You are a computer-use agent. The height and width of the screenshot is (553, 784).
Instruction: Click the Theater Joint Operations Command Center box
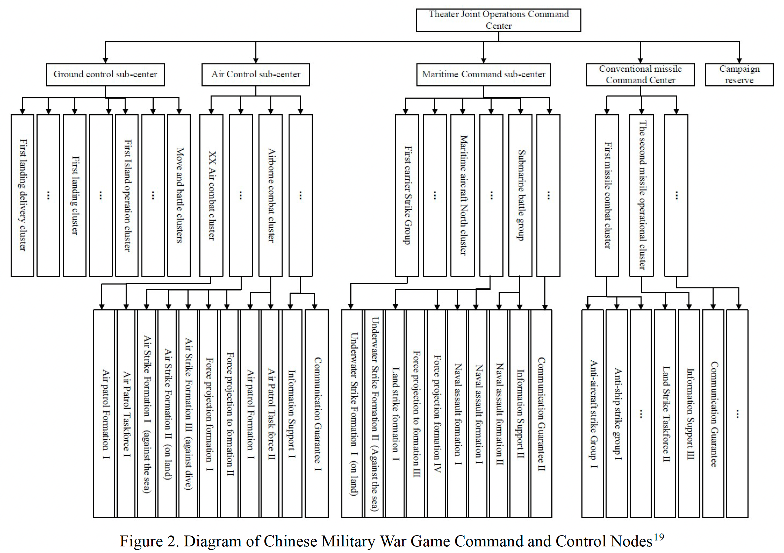pos(498,20)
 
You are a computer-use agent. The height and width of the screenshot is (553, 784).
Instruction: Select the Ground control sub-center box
pos(105,74)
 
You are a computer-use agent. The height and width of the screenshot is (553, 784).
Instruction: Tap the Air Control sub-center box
pos(255,74)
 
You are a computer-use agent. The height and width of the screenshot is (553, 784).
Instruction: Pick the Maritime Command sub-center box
pos(483,74)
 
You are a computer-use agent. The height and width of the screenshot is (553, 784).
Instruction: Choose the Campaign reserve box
pos(739,74)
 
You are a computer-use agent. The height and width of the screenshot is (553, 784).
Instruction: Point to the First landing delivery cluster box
pos(22,195)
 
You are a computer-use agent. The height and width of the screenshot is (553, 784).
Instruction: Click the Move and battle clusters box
pos(179,195)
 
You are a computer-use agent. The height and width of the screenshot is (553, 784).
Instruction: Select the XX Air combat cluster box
pos(211,195)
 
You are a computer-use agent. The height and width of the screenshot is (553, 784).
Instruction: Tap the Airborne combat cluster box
pos(270,195)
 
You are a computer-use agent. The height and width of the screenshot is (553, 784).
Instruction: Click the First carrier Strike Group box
pos(407,195)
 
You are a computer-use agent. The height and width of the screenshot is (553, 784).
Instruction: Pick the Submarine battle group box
pos(520,195)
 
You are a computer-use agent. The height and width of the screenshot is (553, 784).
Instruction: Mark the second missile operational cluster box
pos(642,195)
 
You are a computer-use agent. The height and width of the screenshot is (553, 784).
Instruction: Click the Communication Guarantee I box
pos(317,414)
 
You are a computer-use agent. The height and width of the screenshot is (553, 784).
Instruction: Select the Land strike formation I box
pos(395,414)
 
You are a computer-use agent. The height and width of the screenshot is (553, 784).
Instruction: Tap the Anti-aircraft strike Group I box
pos(593,414)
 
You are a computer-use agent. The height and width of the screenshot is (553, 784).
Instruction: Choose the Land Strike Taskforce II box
pos(665,414)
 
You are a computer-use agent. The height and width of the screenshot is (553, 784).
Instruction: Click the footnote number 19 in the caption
pos(659,537)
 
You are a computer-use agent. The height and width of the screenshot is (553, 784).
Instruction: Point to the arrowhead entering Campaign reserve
pos(739,60)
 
